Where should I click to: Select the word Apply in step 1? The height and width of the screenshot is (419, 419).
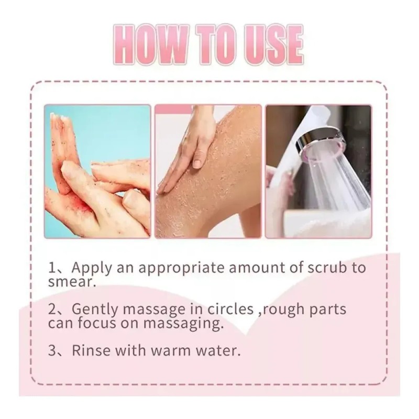click(x=91, y=268)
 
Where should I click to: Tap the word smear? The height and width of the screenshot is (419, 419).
click(x=72, y=282)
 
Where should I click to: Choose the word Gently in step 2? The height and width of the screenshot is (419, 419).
click(x=95, y=310)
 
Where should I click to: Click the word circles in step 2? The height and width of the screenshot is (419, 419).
click(x=230, y=309)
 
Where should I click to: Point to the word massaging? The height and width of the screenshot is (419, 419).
click(x=183, y=324)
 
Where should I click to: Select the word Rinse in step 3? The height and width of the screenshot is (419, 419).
click(x=91, y=350)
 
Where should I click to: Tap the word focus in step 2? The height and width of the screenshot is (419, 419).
click(x=97, y=323)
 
